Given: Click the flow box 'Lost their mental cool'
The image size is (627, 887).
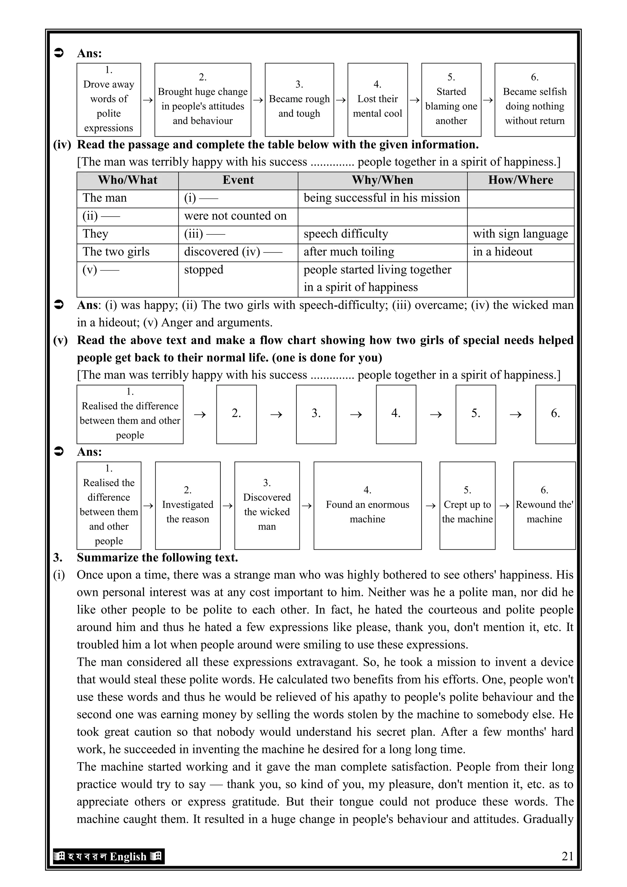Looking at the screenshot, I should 377,100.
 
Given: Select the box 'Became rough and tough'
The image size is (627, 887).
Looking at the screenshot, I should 299,100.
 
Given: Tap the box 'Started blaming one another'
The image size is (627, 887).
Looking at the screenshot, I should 451,100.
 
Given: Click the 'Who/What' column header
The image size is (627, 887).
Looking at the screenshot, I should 127,180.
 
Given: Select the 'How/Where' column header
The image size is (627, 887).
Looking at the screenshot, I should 520,180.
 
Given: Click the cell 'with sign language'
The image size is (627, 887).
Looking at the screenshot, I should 520,234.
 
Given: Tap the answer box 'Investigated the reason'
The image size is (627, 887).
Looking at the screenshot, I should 188,505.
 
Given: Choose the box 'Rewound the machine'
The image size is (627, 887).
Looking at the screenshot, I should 544,505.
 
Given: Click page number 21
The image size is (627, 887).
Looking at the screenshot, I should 567,856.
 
